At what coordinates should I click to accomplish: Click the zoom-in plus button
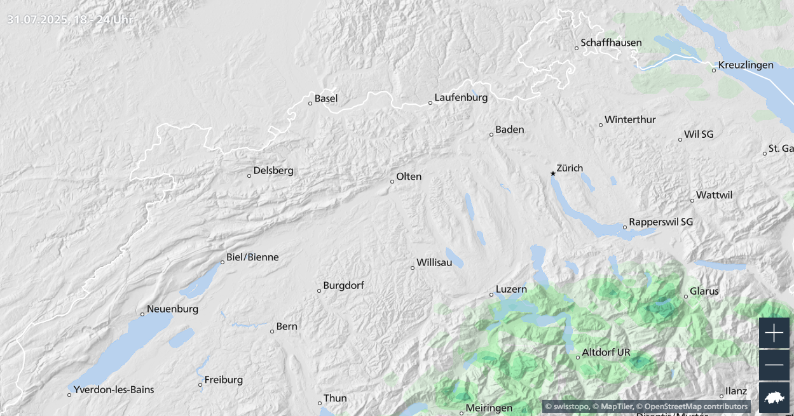(x=774, y=333)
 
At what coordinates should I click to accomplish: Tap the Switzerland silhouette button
(x=774, y=398)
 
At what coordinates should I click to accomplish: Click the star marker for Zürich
(x=553, y=173)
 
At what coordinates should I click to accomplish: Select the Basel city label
(x=326, y=98)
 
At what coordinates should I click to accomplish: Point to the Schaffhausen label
(x=611, y=43)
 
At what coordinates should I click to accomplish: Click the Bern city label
(x=287, y=326)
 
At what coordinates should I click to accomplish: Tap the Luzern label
(x=511, y=289)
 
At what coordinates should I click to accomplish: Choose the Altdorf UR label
(x=606, y=352)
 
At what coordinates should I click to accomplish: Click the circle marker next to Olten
(x=392, y=182)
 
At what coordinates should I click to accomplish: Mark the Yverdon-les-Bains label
(x=114, y=389)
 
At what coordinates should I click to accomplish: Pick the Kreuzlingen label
(x=746, y=65)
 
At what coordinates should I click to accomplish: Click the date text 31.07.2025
(x=38, y=19)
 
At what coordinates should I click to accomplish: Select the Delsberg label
(x=273, y=170)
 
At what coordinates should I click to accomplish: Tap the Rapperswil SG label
(x=661, y=222)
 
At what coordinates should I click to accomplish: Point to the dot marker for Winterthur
(x=601, y=124)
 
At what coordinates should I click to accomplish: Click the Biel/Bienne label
(x=252, y=257)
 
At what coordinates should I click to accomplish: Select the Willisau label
(x=434, y=262)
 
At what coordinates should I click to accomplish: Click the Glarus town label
(x=704, y=291)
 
